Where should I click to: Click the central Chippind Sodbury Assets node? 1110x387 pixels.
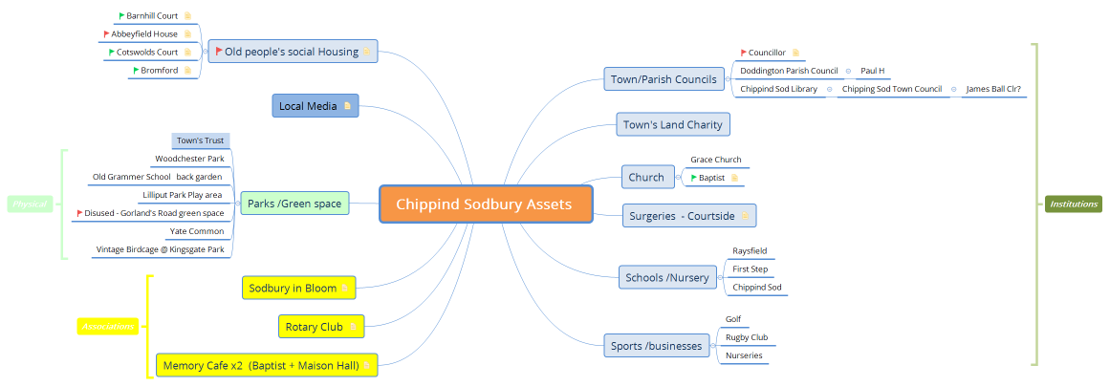pos(485,204)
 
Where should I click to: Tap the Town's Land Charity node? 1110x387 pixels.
pos(672,124)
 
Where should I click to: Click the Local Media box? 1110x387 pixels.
pos(315,106)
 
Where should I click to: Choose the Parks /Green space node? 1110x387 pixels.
pos(294,204)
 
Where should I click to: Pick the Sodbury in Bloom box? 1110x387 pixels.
pos(299,288)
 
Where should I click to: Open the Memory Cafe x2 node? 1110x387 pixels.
pos(266,365)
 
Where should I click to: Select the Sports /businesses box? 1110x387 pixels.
pos(657,346)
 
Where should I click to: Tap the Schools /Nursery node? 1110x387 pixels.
pos(666,278)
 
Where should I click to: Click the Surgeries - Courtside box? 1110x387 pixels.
pos(688,216)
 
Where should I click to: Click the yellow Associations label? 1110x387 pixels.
pos(107,327)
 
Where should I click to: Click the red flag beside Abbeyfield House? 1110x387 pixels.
pos(107,34)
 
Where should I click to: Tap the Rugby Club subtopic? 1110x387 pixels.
pos(746,337)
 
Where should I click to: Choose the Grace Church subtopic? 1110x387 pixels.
pos(715,160)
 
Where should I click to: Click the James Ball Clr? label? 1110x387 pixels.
pos(993,89)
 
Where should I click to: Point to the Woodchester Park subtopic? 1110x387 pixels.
pos(189,159)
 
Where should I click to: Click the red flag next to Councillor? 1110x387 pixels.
pos(744,53)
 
